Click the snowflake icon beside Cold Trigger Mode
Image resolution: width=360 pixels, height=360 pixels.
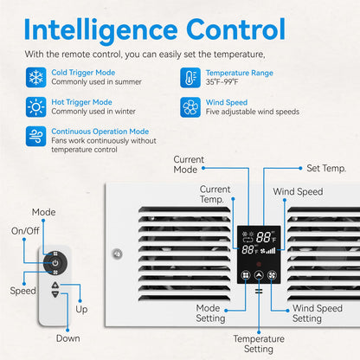[x=35, y=77]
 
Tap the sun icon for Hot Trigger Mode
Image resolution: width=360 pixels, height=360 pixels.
[x=35, y=107]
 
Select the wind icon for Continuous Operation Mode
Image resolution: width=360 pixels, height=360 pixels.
[x=35, y=136]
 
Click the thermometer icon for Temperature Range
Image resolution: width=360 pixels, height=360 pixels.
[x=190, y=78]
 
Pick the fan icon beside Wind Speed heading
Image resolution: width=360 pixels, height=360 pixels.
[x=190, y=107]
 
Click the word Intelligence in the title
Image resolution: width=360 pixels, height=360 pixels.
[x=100, y=30]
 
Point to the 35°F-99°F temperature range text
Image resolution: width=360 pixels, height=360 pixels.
[x=222, y=82]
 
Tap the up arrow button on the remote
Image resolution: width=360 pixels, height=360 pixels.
[x=55, y=286]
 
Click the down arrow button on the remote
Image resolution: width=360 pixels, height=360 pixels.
[x=55, y=294]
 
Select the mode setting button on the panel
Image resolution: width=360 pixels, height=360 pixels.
[x=246, y=275]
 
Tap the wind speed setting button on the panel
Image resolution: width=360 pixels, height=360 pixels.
[x=272, y=275]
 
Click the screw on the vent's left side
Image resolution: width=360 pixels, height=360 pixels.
[x=117, y=254]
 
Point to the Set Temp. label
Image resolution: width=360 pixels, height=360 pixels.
[x=326, y=168]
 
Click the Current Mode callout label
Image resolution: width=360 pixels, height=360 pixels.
[x=189, y=164]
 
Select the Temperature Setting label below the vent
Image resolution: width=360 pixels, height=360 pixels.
[x=259, y=344]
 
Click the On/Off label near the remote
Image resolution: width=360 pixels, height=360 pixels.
[x=25, y=231]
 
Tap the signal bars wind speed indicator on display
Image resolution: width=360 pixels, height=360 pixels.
[x=271, y=251]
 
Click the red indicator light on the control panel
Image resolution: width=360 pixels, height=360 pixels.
[x=259, y=264]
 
